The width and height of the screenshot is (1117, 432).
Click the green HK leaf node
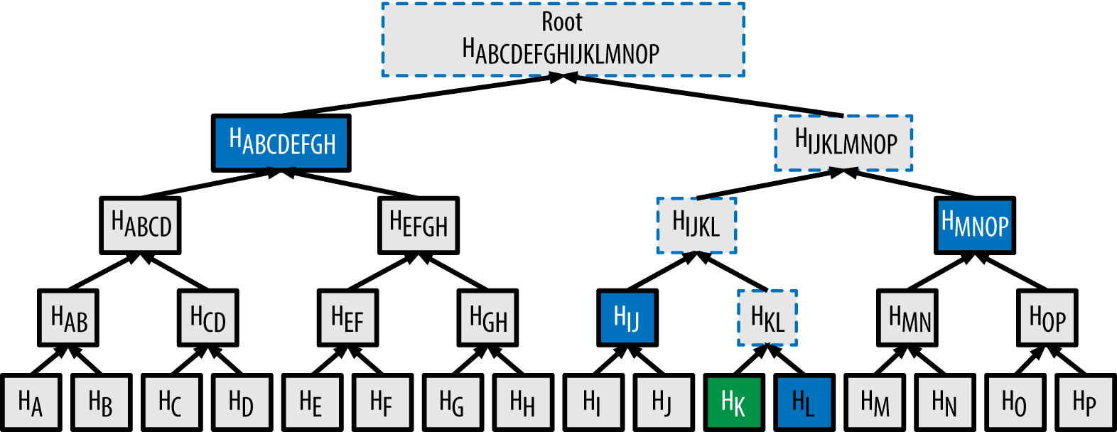pos(734,403)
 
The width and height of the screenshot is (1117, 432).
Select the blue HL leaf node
pos(804,403)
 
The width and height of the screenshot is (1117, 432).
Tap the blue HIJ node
pos(627,317)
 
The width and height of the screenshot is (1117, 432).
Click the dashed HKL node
pos(767,318)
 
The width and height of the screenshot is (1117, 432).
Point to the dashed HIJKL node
pos(696,225)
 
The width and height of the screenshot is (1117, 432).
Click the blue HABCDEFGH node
pos(282,143)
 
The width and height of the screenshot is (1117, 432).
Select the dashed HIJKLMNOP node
pos(843,143)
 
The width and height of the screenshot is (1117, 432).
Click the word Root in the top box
pos(562,22)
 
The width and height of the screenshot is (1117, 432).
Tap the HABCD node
pos(140,225)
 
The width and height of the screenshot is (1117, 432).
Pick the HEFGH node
pos(419,225)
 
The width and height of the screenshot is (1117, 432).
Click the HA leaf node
pos(31,403)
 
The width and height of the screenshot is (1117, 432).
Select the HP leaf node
pos(1084,403)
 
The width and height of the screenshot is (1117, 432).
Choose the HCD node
pos(207,317)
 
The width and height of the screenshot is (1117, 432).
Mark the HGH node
pos(488,317)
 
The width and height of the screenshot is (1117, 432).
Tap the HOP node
pos(1047,317)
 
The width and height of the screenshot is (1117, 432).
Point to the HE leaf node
pos(311,403)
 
